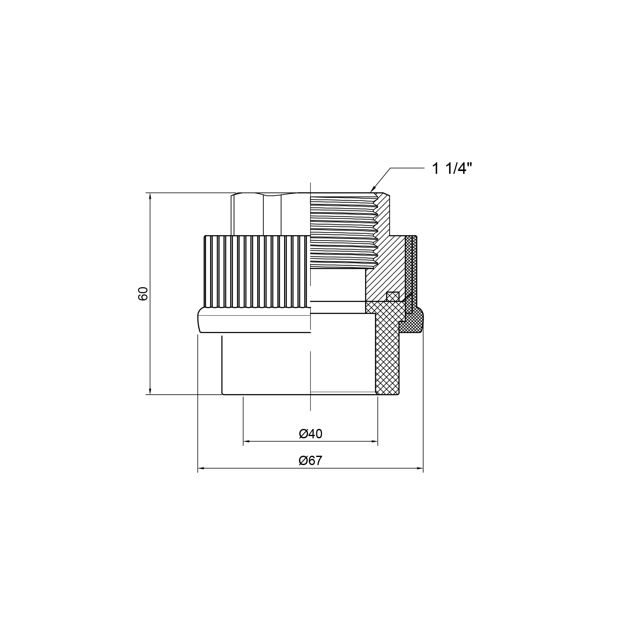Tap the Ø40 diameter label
tap(311, 434)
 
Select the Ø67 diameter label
tap(311, 460)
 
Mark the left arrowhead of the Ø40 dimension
tap(247, 441)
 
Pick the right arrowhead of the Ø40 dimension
tap(374, 441)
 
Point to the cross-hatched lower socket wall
tap(387, 348)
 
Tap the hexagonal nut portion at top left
tap(271, 214)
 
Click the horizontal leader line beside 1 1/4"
tap(407, 168)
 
